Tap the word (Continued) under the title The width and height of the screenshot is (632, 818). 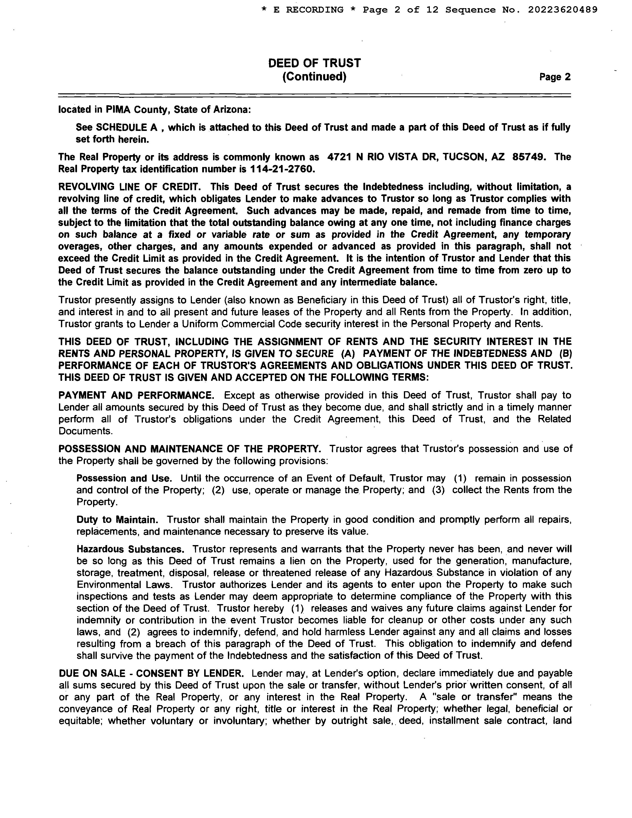314,76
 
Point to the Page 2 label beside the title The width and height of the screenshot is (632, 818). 555,77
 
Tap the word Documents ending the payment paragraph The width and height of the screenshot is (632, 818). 85,431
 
